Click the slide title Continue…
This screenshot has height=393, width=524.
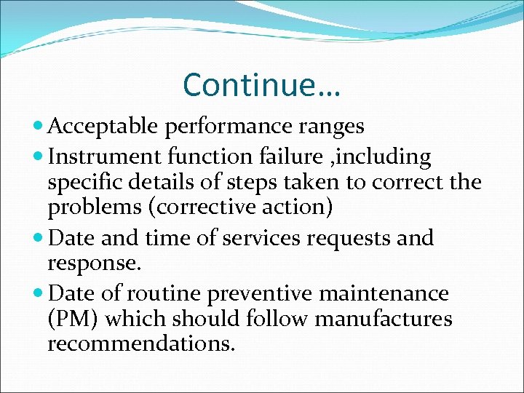pos(262,84)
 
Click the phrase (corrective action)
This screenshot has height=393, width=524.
pos(240,207)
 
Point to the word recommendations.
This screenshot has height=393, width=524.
pos(141,344)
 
